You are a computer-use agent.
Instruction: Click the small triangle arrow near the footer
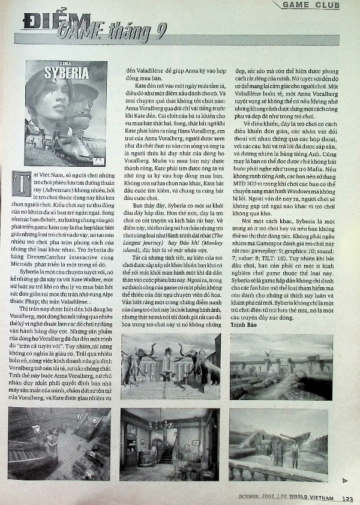click(344, 479)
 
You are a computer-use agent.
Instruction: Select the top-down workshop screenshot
click(59, 443)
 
